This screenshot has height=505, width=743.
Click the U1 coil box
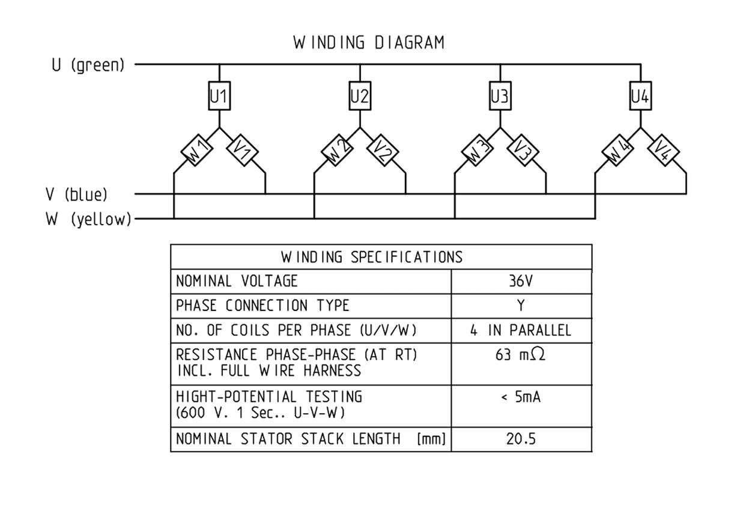[219, 96]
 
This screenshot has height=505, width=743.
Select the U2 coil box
[359, 96]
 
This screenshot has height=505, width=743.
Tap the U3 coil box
[500, 96]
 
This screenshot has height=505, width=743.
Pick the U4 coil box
[640, 96]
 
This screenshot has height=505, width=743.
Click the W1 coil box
[197, 152]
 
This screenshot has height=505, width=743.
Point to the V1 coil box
[241, 152]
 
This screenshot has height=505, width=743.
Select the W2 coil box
[338, 152]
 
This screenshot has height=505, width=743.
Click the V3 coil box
[523, 152]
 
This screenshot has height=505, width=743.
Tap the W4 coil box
[619, 152]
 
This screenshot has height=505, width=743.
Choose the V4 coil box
[663, 152]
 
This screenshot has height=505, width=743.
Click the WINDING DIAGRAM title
[369, 43]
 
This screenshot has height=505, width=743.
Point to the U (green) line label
[88, 65]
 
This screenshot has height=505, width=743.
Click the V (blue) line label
[77, 195]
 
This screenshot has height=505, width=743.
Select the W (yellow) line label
[88, 220]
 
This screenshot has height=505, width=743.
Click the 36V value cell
[521, 281]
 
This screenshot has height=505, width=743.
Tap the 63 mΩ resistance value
[521, 355]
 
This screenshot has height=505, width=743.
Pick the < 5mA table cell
[521, 397]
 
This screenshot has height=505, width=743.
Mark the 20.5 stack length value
[521, 439]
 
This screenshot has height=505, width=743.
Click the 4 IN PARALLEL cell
[521, 330]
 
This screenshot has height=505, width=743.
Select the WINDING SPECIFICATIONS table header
[372, 257]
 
